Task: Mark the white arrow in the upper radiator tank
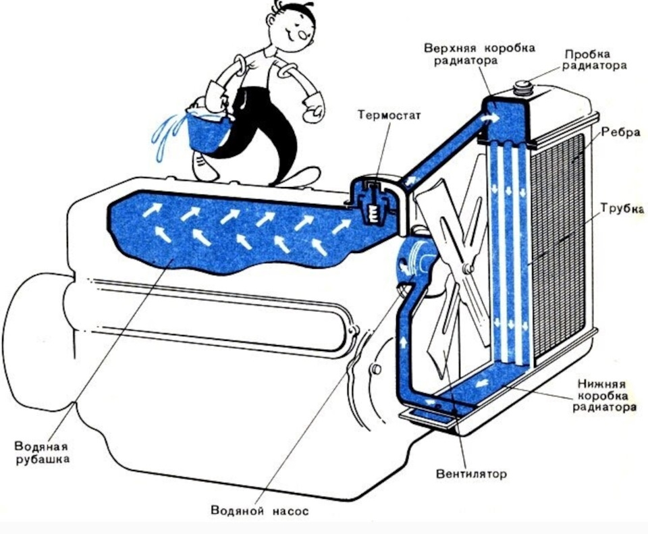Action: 491,117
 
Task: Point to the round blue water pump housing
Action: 413,263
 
